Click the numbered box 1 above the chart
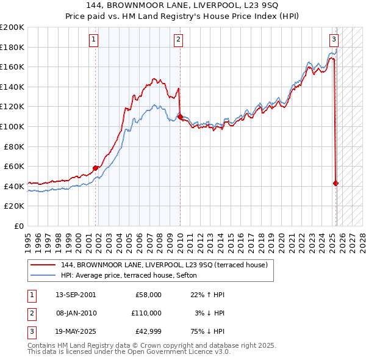94,40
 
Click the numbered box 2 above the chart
178,40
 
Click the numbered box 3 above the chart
334,40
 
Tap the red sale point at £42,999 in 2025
336,183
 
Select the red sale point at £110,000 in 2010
180,116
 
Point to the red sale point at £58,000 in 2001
96,168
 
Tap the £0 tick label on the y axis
18,226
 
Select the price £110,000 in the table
146,313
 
